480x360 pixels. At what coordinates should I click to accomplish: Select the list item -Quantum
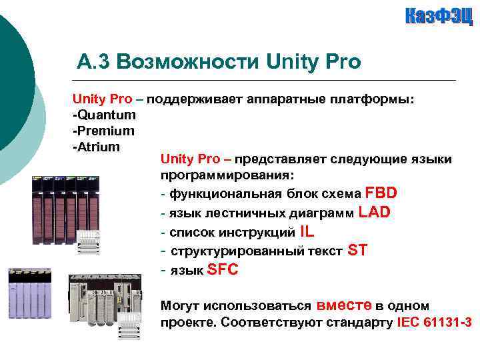(103, 115)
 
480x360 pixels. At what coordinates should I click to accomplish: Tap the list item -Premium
(103, 131)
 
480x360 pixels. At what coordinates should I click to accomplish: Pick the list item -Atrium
(96, 146)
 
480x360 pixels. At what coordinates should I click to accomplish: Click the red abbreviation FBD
(381, 193)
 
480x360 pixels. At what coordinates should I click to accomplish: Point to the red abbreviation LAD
(374, 212)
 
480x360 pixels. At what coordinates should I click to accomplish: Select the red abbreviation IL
(307, 231)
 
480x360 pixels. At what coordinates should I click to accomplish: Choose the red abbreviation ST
(357, 251)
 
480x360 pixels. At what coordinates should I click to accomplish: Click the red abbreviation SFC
(223, 270)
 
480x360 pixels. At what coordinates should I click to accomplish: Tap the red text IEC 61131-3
(434, 323)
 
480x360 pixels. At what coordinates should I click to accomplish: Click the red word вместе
(344, 305)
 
